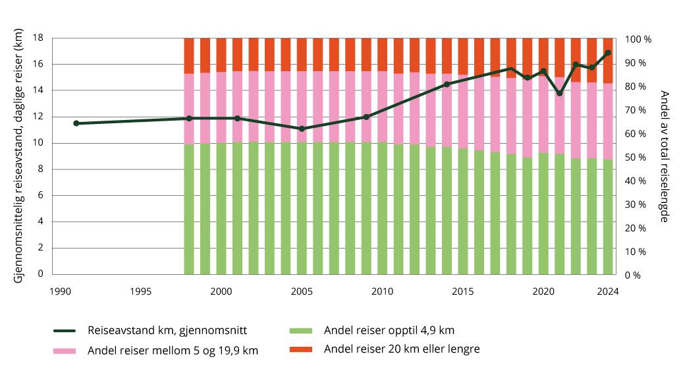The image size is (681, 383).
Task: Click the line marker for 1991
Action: [x=76, y=123]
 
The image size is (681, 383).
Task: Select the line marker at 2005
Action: [x=302, y=129]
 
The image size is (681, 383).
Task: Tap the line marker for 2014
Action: [x=447, y=84]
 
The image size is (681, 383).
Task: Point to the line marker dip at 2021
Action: [x=560, y=93]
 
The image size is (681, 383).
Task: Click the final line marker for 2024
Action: [x=608, y=53]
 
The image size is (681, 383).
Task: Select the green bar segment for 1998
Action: [x=189, y=209]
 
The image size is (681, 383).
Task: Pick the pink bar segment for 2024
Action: [x=608, y=121]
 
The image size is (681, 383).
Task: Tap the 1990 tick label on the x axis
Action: [x=60, y=291]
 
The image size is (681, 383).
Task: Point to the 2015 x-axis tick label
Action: [x=462, y=291]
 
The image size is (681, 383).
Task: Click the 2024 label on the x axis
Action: [x=608, y=291]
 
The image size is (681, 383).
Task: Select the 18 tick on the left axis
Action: [x=38, y=38]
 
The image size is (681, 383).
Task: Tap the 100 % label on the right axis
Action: [x=638, y=40]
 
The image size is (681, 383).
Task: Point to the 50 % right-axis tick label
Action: [x=636, y=158]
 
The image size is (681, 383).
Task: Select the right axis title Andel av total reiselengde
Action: [x=664, y=156]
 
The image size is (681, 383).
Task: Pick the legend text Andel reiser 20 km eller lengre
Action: [x=402, y=349]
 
